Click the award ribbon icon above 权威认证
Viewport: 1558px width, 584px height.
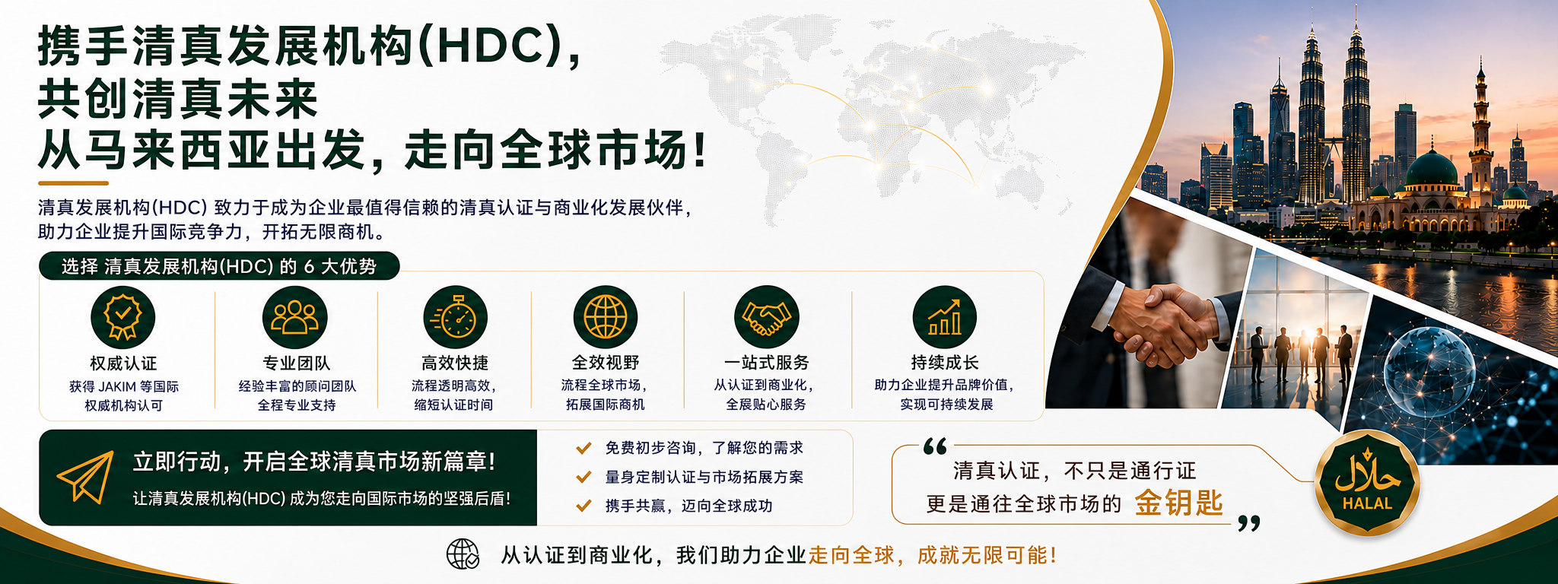122,317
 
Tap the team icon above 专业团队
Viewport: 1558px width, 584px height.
295,317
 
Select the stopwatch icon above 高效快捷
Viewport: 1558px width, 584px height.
455,317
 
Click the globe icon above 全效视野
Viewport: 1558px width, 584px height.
606,317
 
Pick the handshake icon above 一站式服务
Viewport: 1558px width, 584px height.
767,317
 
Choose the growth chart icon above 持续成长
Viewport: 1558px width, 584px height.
945,317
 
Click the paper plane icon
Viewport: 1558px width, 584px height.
85,477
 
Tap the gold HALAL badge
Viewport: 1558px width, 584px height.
1367,483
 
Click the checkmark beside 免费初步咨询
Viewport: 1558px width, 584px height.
583,448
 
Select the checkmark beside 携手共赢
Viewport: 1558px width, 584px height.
583,506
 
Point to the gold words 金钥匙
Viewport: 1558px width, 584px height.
1178,503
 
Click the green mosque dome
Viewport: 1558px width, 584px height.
1432,169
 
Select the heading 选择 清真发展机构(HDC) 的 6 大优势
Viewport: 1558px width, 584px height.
219,266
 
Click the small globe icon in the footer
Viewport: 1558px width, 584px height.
463,554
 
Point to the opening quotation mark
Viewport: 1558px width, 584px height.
935,446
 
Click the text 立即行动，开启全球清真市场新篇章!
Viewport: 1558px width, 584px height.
314,462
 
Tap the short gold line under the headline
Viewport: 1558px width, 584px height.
73,183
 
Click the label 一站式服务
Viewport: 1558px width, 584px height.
767,363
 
